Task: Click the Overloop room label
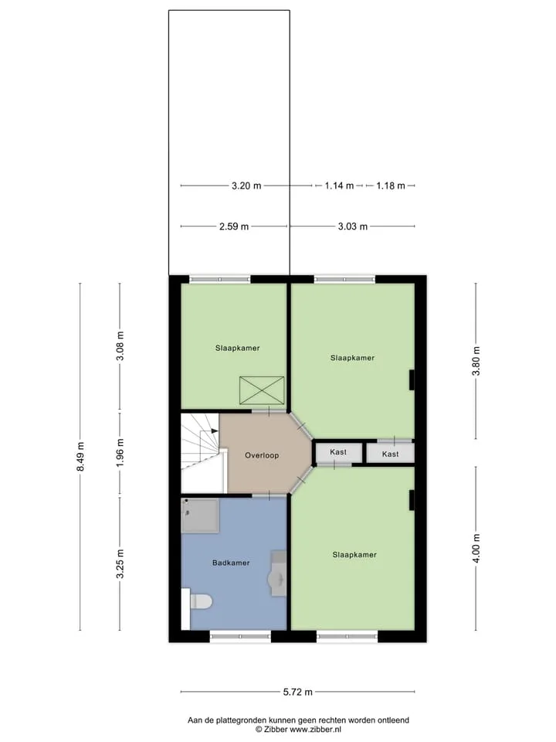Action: (262, 455)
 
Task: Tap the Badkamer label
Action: (231, 563)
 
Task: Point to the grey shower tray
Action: (200, 515)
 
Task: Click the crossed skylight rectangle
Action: (262, 390)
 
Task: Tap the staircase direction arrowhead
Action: (215, 431)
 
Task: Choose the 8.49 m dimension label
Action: (80, 456)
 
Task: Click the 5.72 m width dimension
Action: (298, 692)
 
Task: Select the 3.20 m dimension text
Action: (246, 186)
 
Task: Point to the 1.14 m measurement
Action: (339, 186)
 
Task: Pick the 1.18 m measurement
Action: (391, 186)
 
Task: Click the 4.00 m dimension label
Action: (476, 549)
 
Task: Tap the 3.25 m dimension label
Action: (120, 563)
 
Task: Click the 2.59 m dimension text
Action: (233, 226)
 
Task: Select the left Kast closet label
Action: (338, 452)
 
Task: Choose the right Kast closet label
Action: (390, 454)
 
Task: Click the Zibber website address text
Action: (315, 730)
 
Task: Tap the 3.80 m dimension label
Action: (476, 361)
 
